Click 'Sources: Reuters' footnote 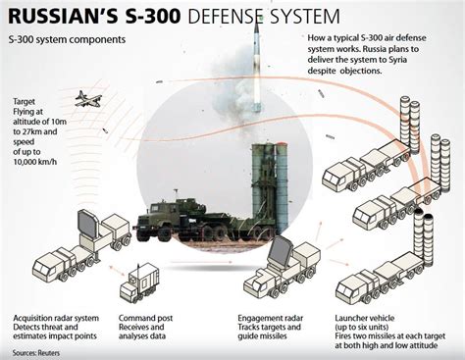[36, 351]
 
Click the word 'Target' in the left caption [25, 102]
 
